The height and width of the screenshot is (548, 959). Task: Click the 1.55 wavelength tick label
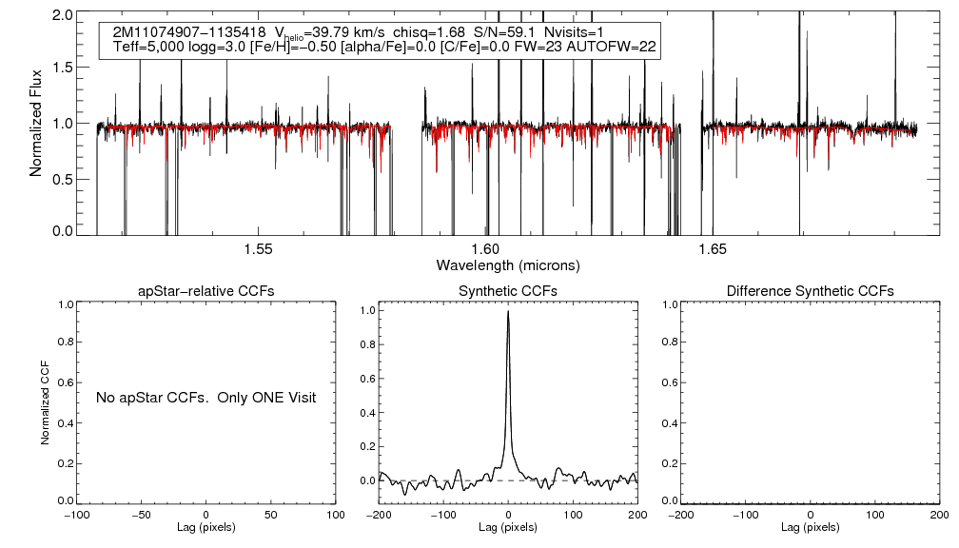click(x=258, y=249)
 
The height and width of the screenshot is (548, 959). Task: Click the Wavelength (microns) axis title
click(x=507, y=264)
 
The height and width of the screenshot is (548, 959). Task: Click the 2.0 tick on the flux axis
click(x=64, y=16)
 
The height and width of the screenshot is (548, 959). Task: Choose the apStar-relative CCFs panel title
click(x=207, y=290)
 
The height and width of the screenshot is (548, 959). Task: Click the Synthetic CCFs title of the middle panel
click(x=508, y=290)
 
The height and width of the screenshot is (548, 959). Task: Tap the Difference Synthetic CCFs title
click(x=810, y=290)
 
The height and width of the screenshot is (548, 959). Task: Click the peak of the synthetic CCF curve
click(x=509, y=311)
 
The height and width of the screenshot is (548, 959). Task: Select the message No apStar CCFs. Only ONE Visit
click(x=205, y=397)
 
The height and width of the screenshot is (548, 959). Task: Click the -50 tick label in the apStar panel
click(x=143, y=515)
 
